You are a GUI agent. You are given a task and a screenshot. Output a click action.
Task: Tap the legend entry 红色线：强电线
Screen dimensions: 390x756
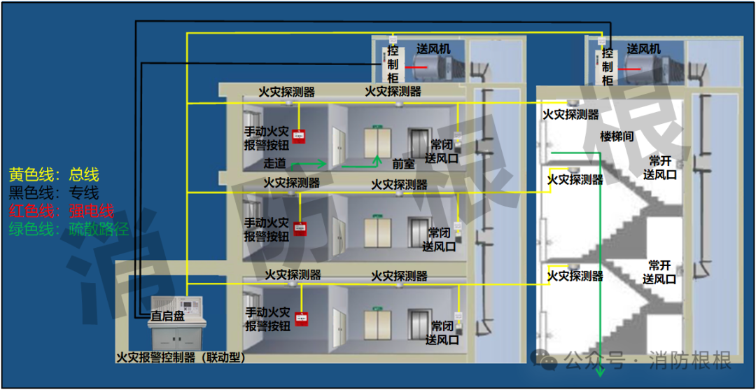pos(61,210)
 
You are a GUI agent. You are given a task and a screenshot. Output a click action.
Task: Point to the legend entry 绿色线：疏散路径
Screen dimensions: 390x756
pos(69,228)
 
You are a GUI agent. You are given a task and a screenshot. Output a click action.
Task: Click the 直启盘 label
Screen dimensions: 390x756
pos(168,316)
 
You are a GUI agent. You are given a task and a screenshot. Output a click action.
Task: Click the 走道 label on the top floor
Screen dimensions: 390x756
pos(274,164)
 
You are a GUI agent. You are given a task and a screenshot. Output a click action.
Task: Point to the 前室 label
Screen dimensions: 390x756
pos(403,164)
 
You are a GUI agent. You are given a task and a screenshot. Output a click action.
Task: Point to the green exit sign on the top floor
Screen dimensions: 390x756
pos(378,127)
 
